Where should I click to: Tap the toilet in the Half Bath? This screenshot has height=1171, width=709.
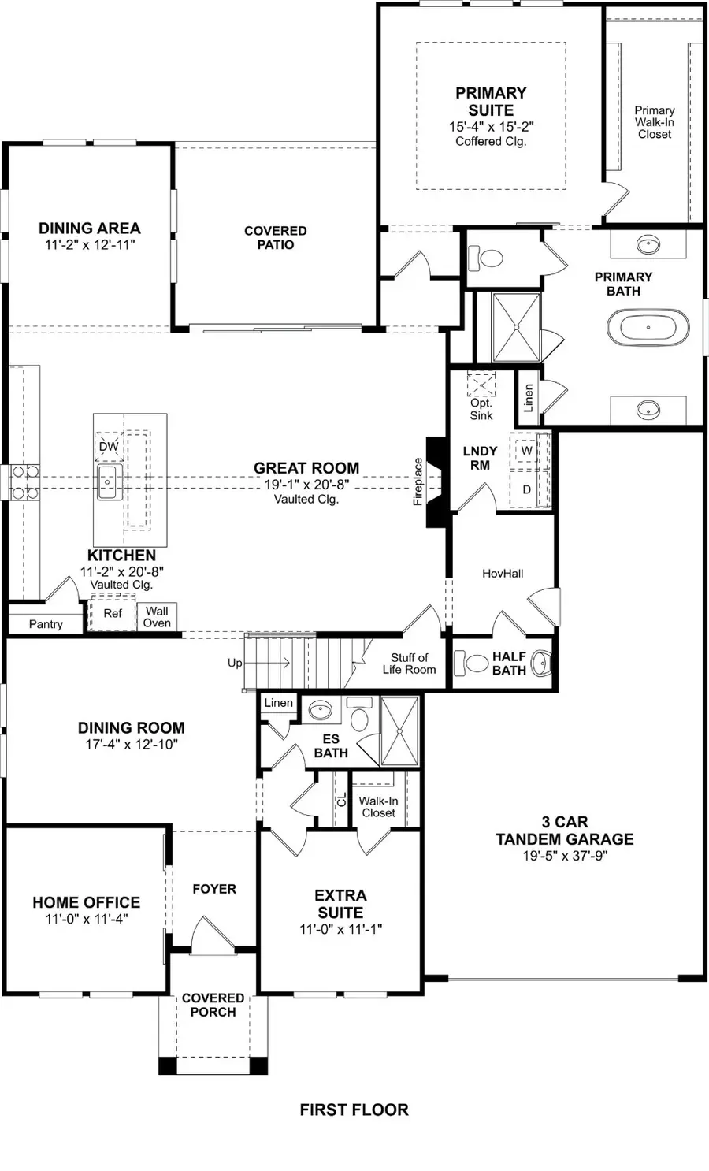pos(474,662)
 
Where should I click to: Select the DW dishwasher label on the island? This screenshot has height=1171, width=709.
pos(109,447)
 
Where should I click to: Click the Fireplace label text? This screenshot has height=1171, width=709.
pos(418,481)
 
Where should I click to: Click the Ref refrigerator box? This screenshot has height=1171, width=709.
pos(113,613)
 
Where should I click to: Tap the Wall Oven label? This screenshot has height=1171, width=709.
pos(157,616)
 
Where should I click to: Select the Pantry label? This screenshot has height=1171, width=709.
pos(46,624)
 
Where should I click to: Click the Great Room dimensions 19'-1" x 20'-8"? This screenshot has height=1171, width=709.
pos(306,485)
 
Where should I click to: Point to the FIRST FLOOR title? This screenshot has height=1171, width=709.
pos(354,1110)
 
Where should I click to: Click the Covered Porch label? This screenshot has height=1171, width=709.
pos(213,1005)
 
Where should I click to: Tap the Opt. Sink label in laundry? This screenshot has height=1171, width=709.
pos(481,409)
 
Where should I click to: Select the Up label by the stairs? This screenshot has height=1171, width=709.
pos(235,663)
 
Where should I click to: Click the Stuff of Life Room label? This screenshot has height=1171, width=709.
pos(409,664)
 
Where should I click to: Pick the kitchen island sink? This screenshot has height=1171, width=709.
pos(108,481)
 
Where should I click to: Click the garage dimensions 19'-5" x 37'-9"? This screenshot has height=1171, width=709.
pos(565,856)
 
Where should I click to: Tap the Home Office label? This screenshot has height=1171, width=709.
pos(87,902)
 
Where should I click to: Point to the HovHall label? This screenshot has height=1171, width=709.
pos(503,574)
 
